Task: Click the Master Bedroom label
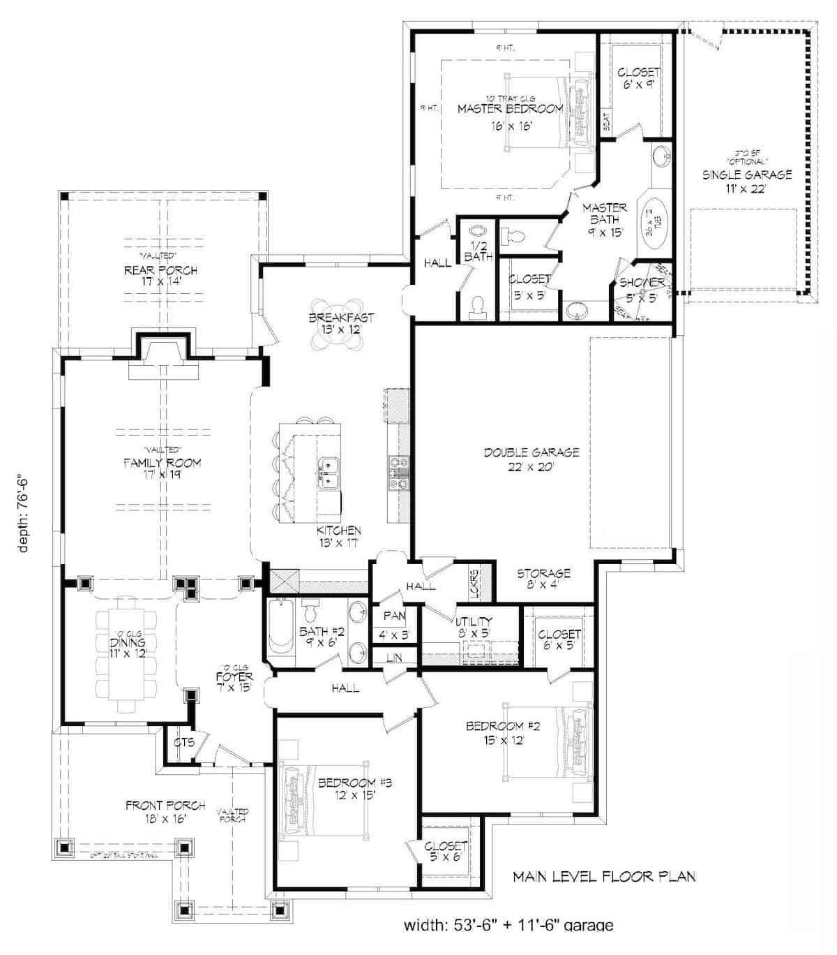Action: (x=510, y=109)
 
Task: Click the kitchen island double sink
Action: (x=329, y=473)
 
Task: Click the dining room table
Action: (x=127, y=654)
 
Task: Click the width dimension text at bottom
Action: (x=509, y=945)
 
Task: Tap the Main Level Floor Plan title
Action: (x=604, y=876)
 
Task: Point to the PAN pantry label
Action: (x=394, y=616)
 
